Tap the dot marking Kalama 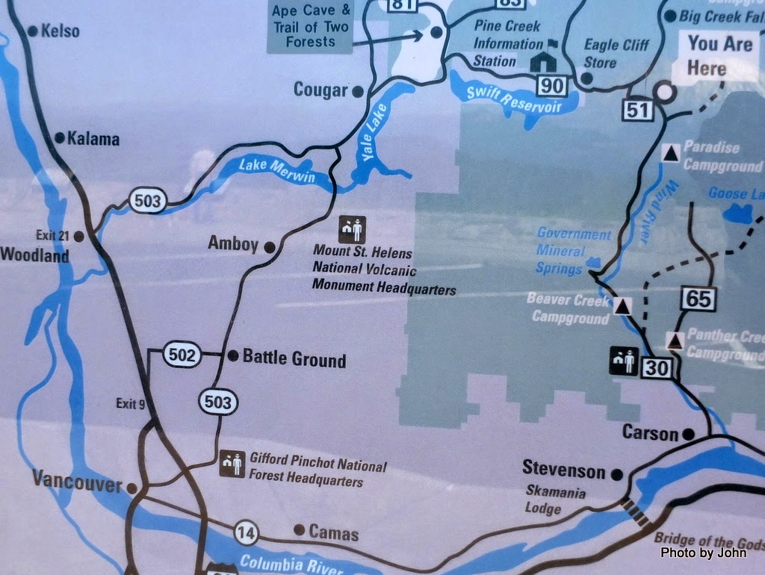click(60, 138)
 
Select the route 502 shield click(182, 356)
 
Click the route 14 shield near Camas click(246, 532)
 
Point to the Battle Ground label click(294, 359)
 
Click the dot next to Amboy click(270, 246)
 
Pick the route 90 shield click(552, 86)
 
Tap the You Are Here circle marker click(663, 93)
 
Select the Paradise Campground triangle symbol click(672, 154)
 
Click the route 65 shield click(699, 299)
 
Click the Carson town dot click(688, 434)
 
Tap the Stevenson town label click(563, 470)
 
